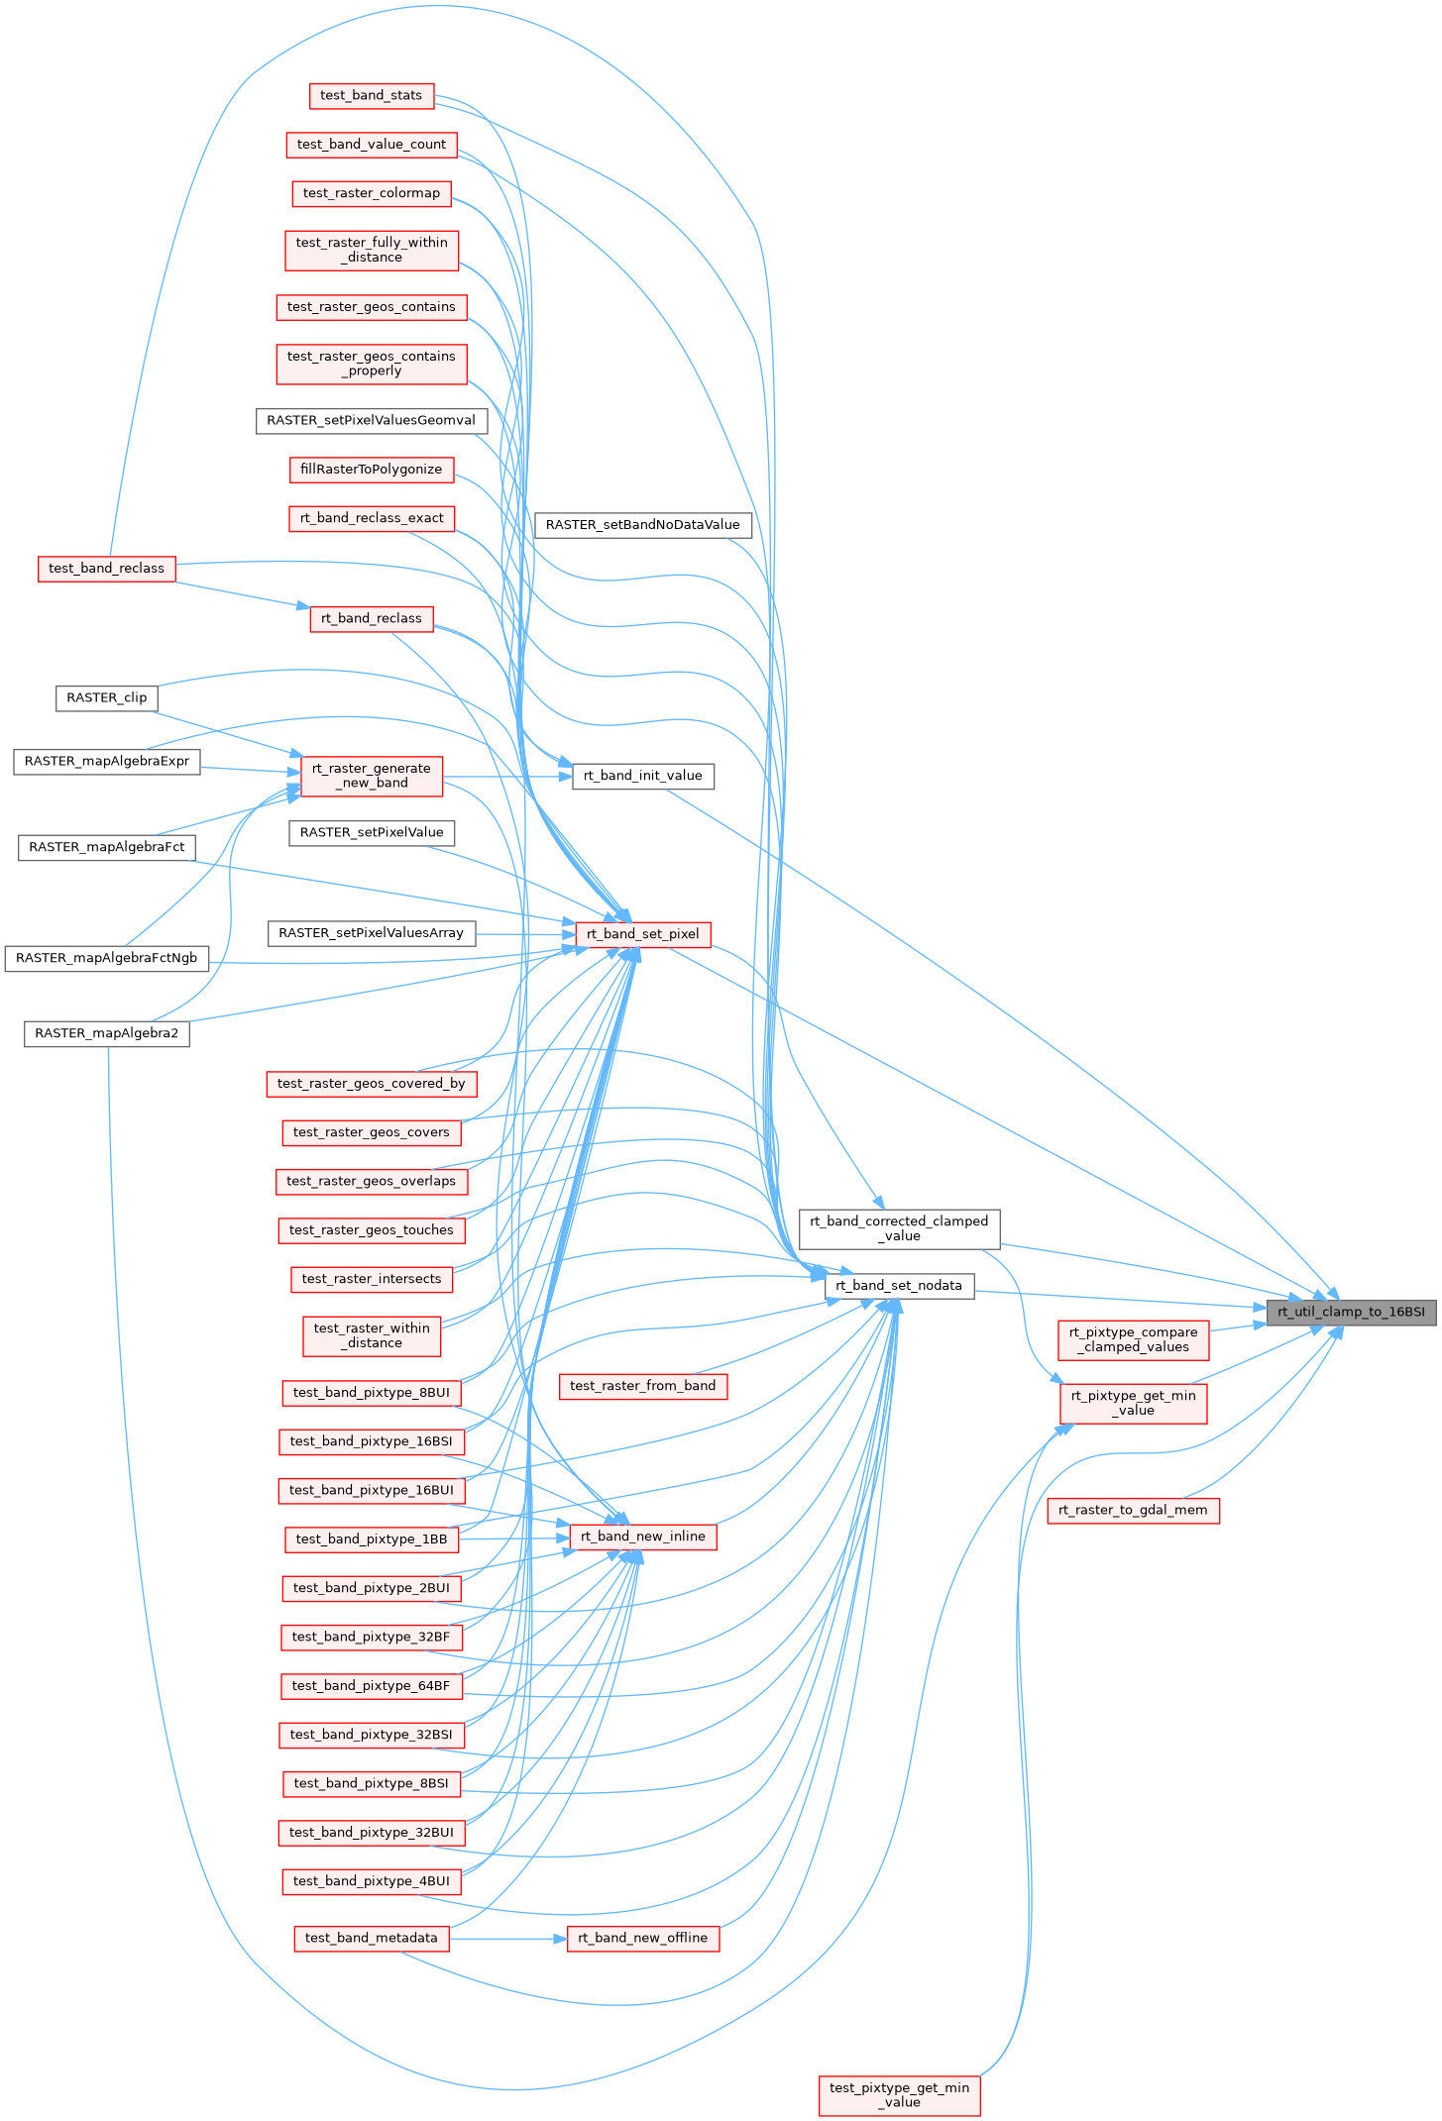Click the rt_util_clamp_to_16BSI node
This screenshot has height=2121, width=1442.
1351,1312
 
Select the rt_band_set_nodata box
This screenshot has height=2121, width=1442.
899,1286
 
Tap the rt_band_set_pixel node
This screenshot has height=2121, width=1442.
642,933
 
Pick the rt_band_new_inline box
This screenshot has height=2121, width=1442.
642,1537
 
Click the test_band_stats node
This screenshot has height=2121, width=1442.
371,95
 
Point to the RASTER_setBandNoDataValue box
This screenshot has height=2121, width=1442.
642,524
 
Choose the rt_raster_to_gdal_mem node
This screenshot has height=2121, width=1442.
1133,1510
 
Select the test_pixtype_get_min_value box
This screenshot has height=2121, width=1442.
899,2094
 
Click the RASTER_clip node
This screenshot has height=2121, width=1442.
106,697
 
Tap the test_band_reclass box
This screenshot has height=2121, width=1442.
106,569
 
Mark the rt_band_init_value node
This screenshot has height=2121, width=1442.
642,776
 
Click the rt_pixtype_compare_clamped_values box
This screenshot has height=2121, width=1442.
1133,1339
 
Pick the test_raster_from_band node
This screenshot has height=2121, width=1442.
642,1386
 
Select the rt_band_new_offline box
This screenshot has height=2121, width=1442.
642,1938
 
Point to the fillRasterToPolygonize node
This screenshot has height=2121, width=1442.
371,469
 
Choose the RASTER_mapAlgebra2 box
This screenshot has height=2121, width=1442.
106,1033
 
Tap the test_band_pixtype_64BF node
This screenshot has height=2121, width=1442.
371,1685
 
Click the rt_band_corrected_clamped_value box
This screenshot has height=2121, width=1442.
899,1228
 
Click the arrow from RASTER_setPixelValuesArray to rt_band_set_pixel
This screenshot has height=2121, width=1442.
525,933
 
